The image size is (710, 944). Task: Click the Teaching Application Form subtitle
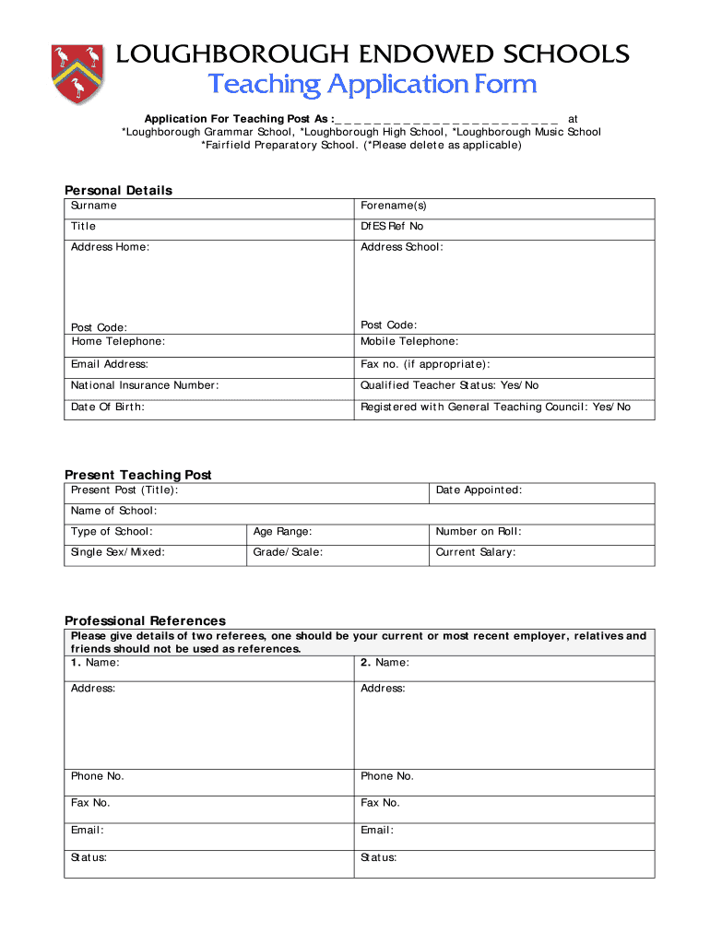point(372,85)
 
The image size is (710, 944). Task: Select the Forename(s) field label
point(394,206)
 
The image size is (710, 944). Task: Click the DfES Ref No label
point(392,226)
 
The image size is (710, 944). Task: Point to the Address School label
point(401,247)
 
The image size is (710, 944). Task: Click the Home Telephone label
point(118,341)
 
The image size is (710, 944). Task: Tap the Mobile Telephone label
point(409,341)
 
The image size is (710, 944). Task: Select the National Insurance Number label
point(145,385)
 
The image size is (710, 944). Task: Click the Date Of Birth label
point(108,407)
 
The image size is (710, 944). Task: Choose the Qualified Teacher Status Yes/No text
point(450,385)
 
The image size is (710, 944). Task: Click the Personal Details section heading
point(118,190)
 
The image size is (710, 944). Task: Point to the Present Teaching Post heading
point(137,475)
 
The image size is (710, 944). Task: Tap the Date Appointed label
point(479,490)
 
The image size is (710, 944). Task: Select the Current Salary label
point(476,552)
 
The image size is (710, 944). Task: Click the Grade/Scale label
point(288,552)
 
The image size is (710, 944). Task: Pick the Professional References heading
point(145,620)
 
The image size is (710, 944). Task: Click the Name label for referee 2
point(385,662)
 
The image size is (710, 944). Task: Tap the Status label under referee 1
point(89,857)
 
